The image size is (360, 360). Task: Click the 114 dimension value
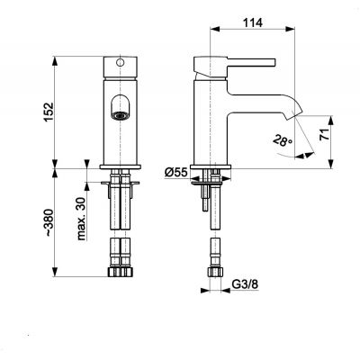(252, 22)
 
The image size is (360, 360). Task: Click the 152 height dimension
(48, 112)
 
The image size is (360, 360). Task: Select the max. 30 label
(81, 219)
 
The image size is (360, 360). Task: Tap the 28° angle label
(283, 140)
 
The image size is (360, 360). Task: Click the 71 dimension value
(324, 134)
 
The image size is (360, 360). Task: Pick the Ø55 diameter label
(176, 172)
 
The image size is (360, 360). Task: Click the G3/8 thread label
(245, 284)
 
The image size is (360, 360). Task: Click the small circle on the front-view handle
(120, 63)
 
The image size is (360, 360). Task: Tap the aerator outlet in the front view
(121, 115)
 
